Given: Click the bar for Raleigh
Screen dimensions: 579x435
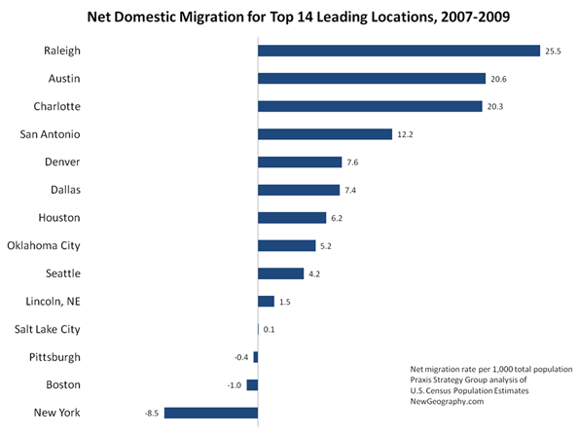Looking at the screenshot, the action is [x=399, y=51].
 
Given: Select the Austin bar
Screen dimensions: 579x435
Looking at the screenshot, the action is [x=372, y=78].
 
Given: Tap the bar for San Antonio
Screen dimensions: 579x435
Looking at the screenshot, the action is [x=325, y=134].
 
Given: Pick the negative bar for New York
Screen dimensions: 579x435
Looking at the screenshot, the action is [x=211, y=413].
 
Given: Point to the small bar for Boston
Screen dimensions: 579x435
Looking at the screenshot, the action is [x=253, y=384].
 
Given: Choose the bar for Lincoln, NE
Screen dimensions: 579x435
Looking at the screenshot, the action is [x=267, y=302].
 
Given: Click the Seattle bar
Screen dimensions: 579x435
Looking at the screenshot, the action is [x=280, y=273].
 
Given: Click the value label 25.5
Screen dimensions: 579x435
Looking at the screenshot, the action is [x=553, y=52].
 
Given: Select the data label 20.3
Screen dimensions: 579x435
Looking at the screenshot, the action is [x=494, y=107].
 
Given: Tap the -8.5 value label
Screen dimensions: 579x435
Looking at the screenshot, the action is [x=152, y=414].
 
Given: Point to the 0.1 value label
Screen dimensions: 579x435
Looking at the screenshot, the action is [x=269, y=329].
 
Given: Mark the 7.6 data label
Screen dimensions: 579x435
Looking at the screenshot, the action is [x=352, y=163].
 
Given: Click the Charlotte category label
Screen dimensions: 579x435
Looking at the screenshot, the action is [x=56, y=106].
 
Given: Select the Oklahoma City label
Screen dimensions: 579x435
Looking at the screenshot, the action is [x=44, y=246].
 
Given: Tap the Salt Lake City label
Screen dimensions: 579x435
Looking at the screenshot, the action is [x=48, y=329].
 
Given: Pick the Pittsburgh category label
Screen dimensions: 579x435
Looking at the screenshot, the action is [x=54, y=357].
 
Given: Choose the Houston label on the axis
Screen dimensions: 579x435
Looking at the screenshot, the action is [x=59, y=218].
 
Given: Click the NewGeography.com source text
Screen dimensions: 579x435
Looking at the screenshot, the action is [x=447, y=401].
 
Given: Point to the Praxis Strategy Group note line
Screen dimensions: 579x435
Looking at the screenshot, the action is [x=468, y=380].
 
